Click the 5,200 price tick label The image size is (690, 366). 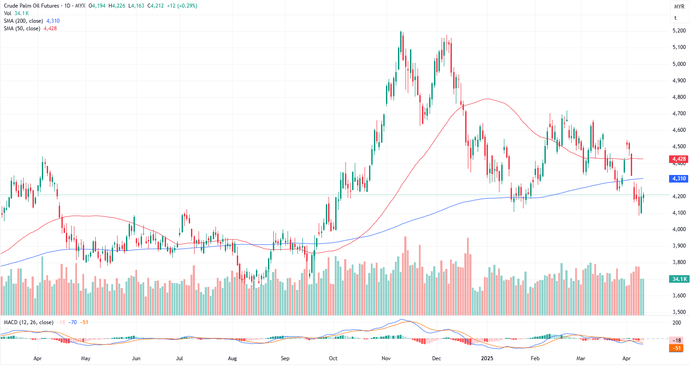679,31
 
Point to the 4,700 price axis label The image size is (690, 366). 679,114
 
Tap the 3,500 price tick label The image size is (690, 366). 679,312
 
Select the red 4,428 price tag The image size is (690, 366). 679,159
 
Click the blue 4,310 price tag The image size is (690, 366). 679,179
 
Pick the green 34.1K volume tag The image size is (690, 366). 679,279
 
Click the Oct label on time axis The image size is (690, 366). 333,358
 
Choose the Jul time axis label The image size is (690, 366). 179,358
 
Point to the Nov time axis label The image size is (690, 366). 386,358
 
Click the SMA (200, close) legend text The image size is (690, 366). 24,21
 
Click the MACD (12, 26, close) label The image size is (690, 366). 28,322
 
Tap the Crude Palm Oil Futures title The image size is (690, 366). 31,6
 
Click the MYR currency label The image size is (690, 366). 679,7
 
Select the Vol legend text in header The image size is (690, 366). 8,13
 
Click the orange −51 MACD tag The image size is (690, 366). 677,348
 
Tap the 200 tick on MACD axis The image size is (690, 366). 677,323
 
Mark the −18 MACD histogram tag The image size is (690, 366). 677,340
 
